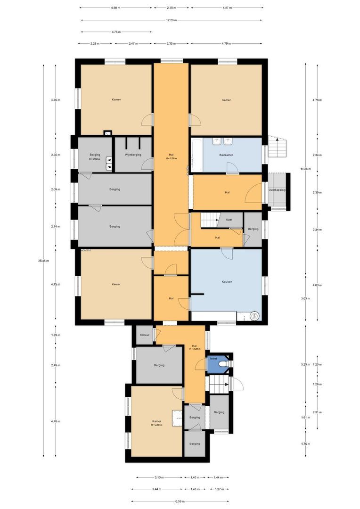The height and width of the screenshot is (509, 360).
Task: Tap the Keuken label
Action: (x=227, y=282)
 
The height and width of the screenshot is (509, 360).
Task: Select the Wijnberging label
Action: (x=133, y=155)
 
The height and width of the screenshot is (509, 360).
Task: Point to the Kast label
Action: (x=229, y=220)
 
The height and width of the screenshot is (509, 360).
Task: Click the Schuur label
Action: (x=144, y=335)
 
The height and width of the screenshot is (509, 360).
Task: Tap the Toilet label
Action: (x=213, y=359)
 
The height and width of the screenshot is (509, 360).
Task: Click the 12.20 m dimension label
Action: (x=172, y=20)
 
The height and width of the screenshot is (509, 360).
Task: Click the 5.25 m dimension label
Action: (x=305, y=364)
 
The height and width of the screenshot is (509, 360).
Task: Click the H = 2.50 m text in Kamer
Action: (x=157, y=425)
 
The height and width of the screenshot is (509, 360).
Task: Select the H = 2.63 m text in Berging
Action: (x=96, y=159)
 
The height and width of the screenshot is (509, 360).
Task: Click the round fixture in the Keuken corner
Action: (x=255, y=316)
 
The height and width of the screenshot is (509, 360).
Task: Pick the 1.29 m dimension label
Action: (x=56, y=335)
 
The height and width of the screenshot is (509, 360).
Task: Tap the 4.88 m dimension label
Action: (x=115, y=8)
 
